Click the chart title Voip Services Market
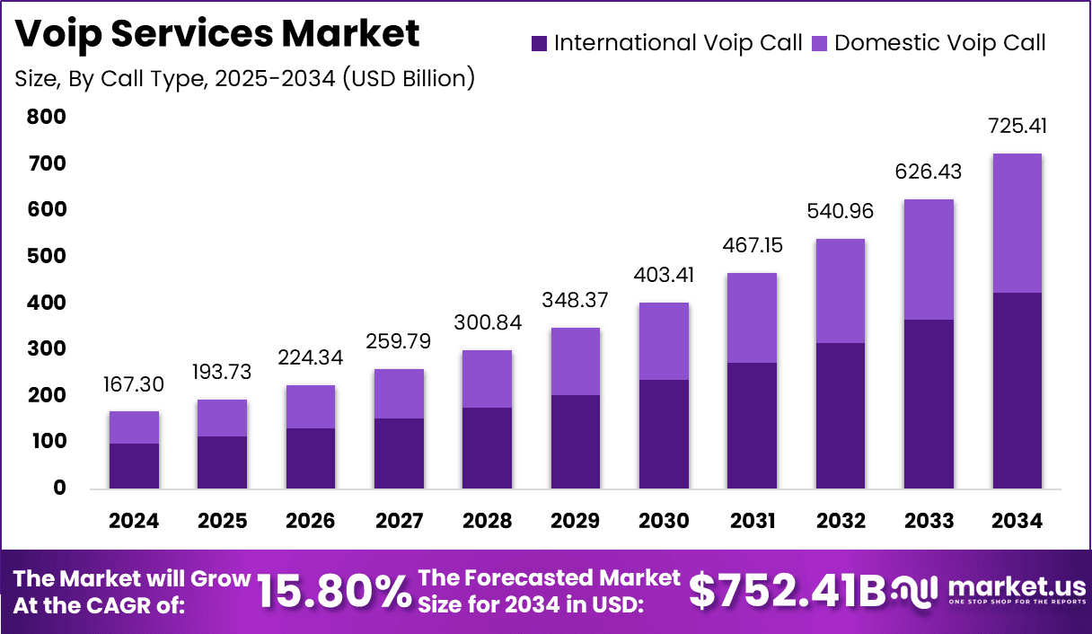217,33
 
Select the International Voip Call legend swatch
539,43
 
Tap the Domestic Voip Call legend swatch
820,43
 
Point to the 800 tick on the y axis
46,117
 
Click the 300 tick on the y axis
46,348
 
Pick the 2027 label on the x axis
399,521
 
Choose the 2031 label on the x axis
752,521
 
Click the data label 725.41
1017,126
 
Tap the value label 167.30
134,383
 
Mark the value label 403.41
664,274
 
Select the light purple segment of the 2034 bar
1017,223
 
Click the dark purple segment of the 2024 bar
134,466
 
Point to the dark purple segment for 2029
576,442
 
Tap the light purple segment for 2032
840,291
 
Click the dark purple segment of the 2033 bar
929,404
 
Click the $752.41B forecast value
787,591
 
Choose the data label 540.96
840,211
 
